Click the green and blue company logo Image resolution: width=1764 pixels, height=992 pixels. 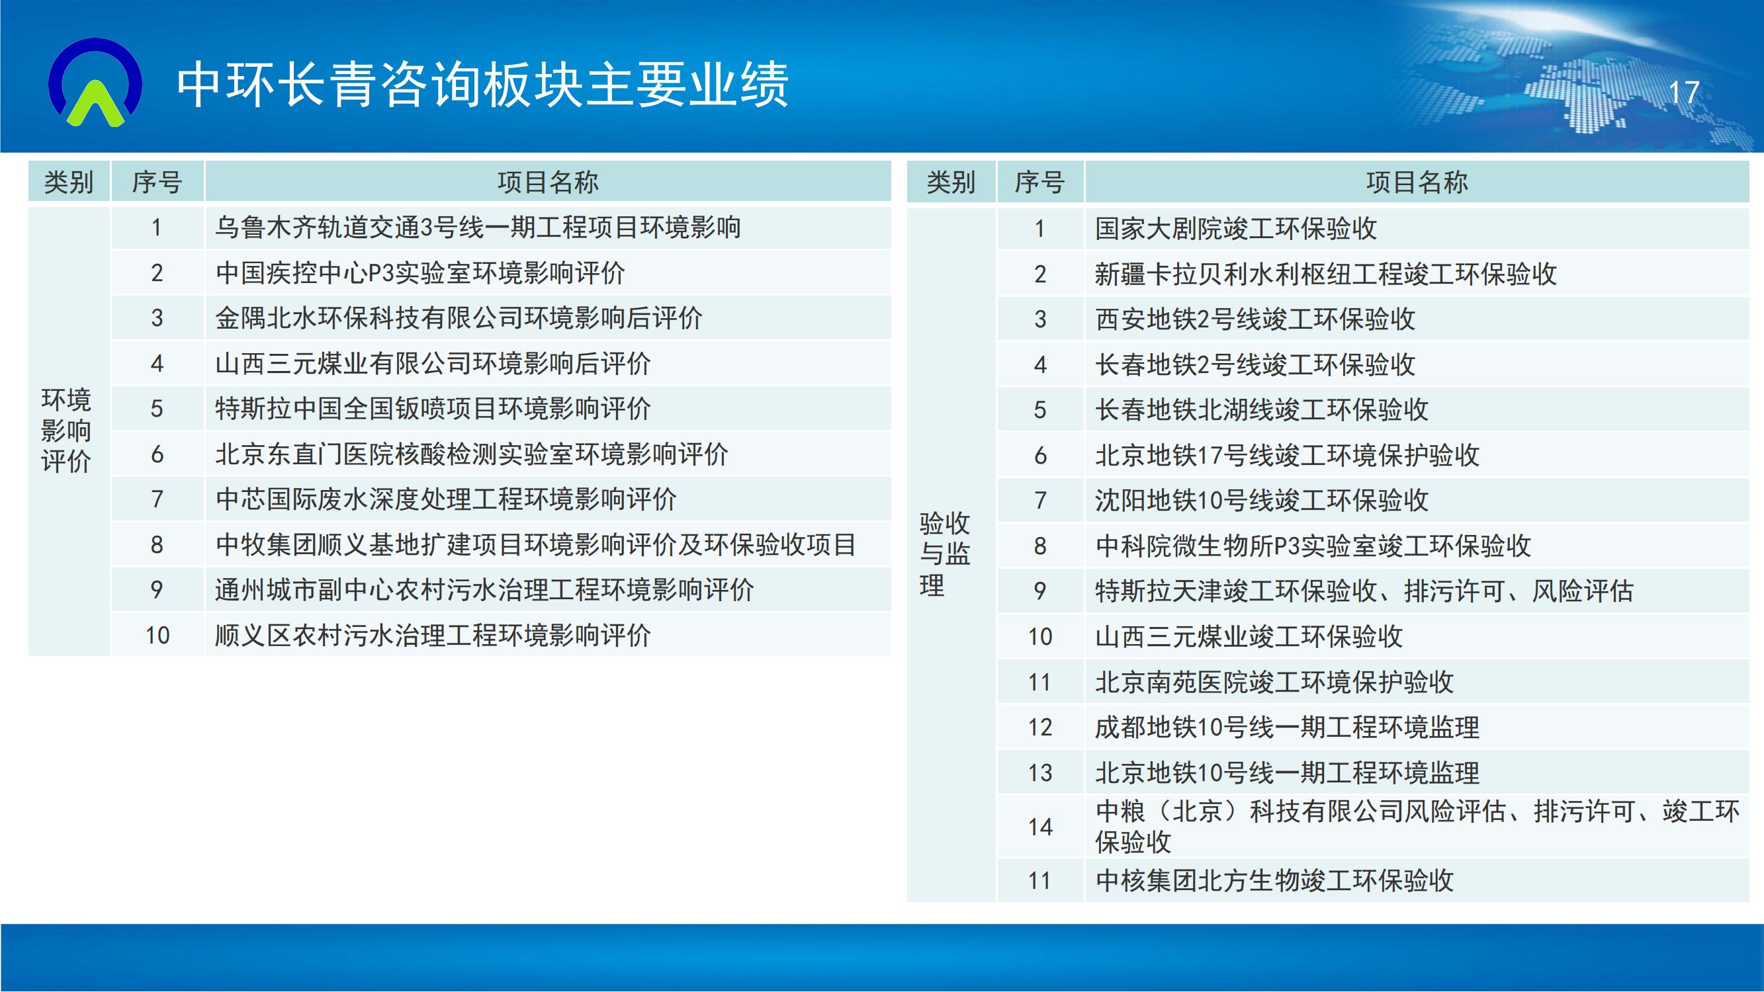[96, 82]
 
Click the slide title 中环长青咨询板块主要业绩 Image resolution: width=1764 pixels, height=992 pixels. [483, 85]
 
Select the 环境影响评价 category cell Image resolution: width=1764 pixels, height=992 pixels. [66, 431]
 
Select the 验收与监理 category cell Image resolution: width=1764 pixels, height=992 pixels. [945, 555]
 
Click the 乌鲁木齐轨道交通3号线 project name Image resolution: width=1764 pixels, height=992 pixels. [478, 227]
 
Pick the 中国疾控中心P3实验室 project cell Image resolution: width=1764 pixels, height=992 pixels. [420, 273]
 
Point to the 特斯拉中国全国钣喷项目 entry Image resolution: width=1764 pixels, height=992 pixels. [433, 409]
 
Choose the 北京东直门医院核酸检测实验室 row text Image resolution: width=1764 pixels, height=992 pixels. [472, 454]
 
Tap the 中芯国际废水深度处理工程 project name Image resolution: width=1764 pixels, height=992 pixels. [446, 499]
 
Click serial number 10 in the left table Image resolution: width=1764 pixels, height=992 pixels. [157, 636]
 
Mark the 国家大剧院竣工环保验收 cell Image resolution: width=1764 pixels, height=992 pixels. [1236, 229]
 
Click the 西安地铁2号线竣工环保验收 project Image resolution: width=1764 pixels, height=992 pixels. [1255, 319]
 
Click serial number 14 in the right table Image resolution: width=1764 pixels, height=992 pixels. [1040, 827]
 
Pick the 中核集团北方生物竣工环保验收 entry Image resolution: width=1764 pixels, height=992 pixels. [1274, 880]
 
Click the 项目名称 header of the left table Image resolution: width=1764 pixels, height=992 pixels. [548, 182]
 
